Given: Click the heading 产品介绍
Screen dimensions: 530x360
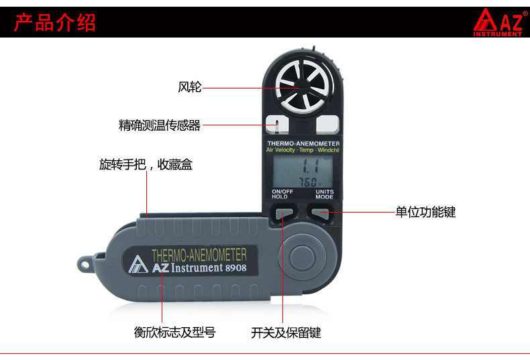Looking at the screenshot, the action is [x=55, y=21].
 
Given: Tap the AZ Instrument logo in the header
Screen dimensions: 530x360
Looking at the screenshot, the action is [x=497, y=22].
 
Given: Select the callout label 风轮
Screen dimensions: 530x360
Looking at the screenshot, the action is [x=189, y=87].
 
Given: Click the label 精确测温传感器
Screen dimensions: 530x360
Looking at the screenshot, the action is [x=160, y=125].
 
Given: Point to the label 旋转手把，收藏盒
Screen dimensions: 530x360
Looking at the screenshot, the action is [x=146, y=164].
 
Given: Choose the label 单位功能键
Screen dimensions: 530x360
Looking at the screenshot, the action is [x=425, y=212].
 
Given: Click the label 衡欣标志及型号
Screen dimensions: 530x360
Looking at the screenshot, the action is [x=174, y=332].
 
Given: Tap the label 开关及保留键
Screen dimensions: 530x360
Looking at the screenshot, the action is [x=286, y=332].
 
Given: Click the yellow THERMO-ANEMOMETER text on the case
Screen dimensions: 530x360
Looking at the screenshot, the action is [x=199, y=255].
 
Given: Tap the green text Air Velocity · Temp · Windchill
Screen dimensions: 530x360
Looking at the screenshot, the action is [x=303, y=150].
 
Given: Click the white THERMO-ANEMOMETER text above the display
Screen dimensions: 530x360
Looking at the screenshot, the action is [x=303, y=143].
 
